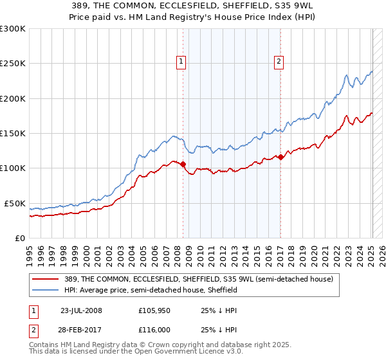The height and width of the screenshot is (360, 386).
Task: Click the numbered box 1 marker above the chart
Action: click(181, 62)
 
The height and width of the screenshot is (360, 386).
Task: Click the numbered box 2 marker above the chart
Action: click(279, 62)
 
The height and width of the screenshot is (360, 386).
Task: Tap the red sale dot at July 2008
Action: click(183, 164)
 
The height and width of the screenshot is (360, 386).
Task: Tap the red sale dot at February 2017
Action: click(281, 157)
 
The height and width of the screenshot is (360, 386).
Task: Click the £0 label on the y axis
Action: click(20, 238)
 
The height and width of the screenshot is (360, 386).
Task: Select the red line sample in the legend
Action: click(46, 280)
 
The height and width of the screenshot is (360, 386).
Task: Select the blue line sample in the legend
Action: click(46, 291)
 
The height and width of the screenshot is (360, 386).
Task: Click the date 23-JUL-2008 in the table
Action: click(81, 310)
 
